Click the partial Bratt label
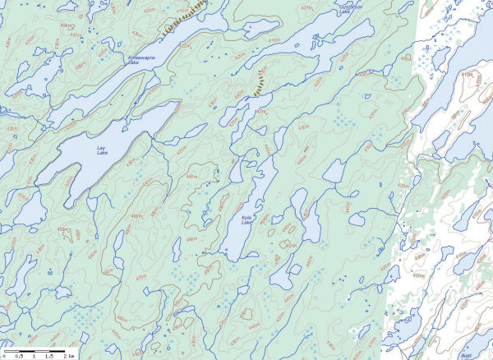[467, 355]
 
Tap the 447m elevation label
[260, 111]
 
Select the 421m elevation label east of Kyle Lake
[289, 245]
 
